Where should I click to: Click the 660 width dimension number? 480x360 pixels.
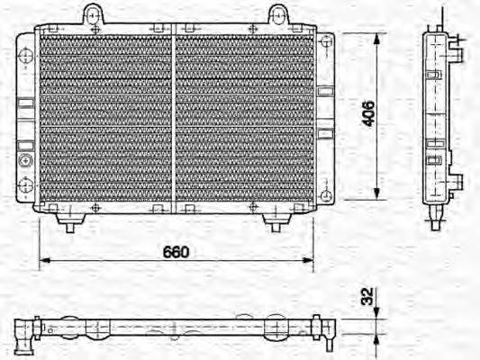click(x=177, y=252)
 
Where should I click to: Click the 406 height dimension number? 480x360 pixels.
click(x=367, y=114)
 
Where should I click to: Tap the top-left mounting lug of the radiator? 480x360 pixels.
click(x=93, y=13)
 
